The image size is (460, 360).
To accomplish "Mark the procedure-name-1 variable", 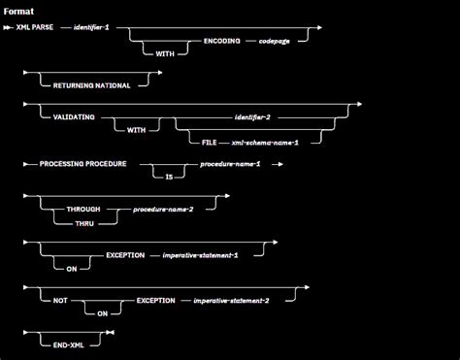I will click(x=230, y=164).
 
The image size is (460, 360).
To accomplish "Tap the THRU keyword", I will click(x=81, y=222).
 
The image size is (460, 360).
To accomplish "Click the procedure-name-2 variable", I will click(x=162, y=208).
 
